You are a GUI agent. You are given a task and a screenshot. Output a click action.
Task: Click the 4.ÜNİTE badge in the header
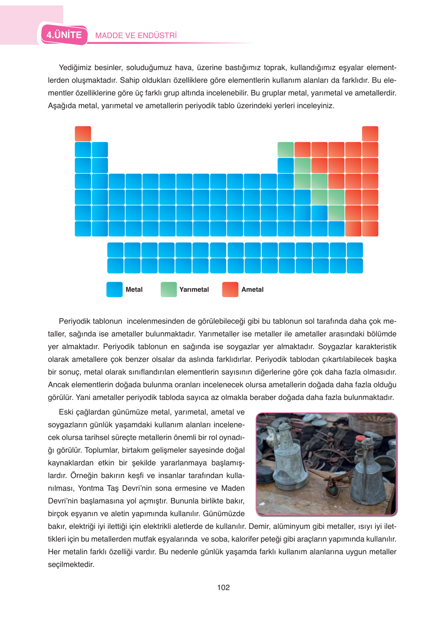pos(64,35)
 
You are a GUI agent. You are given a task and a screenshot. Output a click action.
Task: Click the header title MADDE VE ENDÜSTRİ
pos(136,35)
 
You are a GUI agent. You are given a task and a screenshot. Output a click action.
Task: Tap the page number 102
pos(223,587)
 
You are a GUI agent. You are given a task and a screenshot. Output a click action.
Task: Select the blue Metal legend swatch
pos(114,289)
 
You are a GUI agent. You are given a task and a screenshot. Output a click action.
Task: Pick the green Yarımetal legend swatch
pos(168,289)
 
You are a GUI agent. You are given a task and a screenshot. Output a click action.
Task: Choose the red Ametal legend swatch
pos(230,289)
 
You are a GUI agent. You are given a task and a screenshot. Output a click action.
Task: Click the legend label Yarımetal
pos(194,289)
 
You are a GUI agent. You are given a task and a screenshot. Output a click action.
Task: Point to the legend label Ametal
pos(253,289)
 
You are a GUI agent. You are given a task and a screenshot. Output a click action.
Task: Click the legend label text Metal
pos(134,289)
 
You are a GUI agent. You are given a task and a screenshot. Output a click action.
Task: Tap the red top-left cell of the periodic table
pos(83,134)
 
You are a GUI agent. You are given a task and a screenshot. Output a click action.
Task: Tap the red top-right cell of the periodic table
pos(370,134)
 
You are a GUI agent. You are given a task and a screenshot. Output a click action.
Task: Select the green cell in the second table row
pos(286,149)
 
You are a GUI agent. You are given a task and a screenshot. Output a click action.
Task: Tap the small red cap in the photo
pos(360,438)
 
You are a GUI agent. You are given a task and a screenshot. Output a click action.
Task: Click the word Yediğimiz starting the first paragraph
pos(75,68)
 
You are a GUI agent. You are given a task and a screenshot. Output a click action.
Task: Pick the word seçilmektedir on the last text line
pos(71,564)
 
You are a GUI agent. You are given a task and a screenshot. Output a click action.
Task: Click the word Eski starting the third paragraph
pos(66,412)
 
